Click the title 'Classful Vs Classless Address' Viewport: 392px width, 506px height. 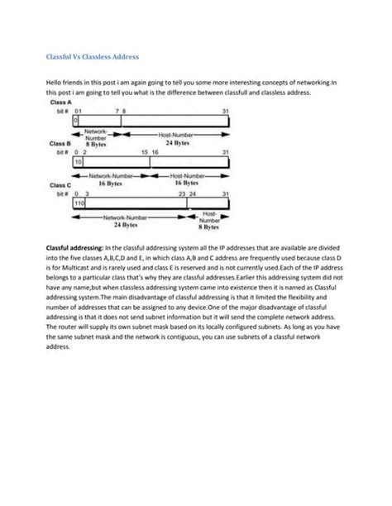pos(92,57)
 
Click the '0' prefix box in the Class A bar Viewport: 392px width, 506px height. pos(76,120)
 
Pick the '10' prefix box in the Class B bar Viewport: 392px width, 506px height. pos(79,163)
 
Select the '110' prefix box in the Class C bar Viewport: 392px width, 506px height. pos(80,203)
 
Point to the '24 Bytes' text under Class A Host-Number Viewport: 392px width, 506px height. pos(176,144)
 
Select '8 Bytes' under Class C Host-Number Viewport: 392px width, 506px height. pos(209,227)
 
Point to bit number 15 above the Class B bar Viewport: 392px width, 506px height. pos(145,152)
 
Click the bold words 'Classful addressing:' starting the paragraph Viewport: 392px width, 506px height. pos(72,248)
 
